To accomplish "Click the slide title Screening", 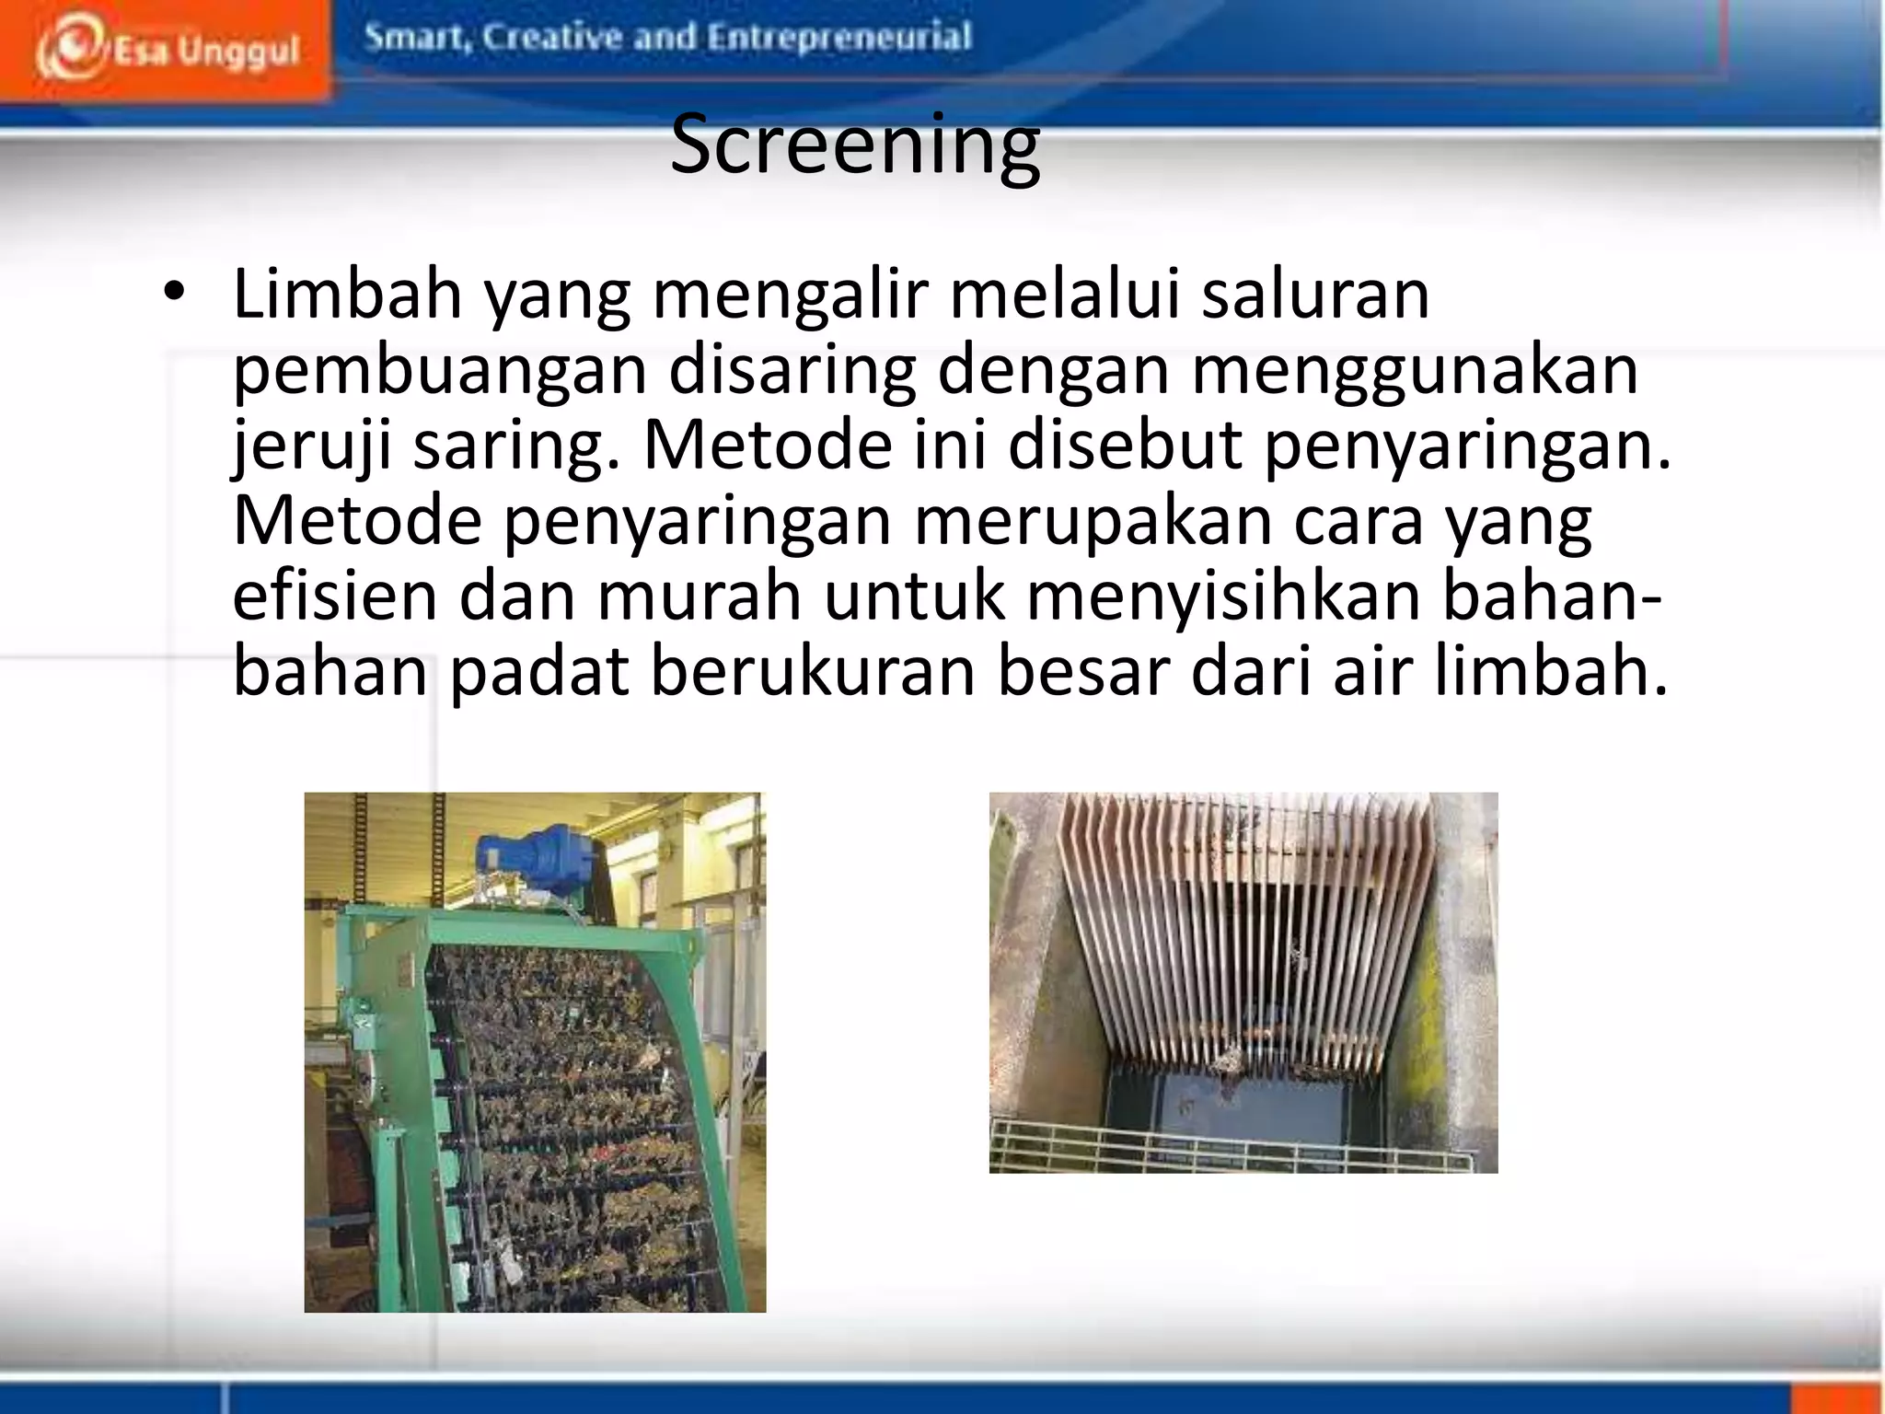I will (x=855, y=145).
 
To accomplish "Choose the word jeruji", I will (x=311, y=446).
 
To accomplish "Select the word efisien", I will (x=335, y=597).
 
